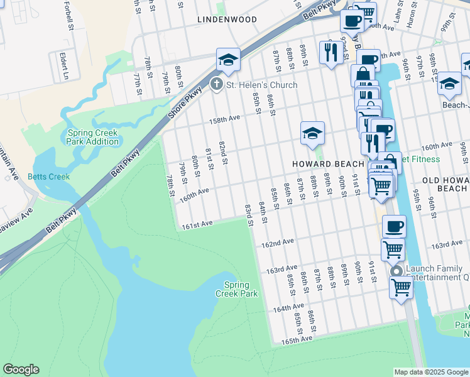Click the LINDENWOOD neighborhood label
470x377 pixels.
point(227,19)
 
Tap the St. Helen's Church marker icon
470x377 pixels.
point(217,84)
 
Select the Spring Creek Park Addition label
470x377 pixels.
point(94,137)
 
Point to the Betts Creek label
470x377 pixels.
point(48,177)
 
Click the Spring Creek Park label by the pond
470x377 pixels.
point(236,289)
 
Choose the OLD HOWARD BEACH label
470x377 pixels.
point(444,184)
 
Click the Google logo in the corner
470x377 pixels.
point(21,369)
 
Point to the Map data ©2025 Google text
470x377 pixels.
point(431,372)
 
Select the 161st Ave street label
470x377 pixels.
point(199,224)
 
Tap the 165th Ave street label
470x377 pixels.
point(297,339)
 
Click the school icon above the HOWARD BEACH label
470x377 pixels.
point(312,133)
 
